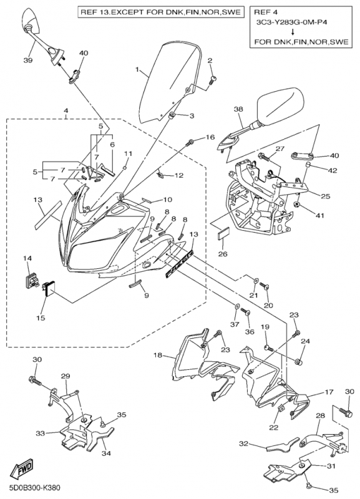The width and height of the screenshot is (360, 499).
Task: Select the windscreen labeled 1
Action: (170, 83)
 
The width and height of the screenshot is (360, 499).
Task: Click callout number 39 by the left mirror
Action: (28, 60)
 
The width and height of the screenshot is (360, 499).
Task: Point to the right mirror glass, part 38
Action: (280, 106)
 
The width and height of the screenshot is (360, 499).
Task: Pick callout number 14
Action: (27, 259)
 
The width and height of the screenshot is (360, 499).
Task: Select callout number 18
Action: (158, 355)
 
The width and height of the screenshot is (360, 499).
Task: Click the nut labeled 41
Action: (297, 204)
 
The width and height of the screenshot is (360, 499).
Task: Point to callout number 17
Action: (329, 392)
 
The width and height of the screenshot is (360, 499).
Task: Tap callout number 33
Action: (40, 433)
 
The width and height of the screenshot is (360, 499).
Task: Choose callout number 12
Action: (179, 175)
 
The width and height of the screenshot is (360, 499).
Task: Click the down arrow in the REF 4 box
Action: (293, 32)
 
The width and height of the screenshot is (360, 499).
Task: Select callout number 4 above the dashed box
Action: (66, 110)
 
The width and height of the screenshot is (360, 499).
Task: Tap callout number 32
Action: (243, 443)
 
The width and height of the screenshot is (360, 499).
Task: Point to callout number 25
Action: (326, 196)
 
